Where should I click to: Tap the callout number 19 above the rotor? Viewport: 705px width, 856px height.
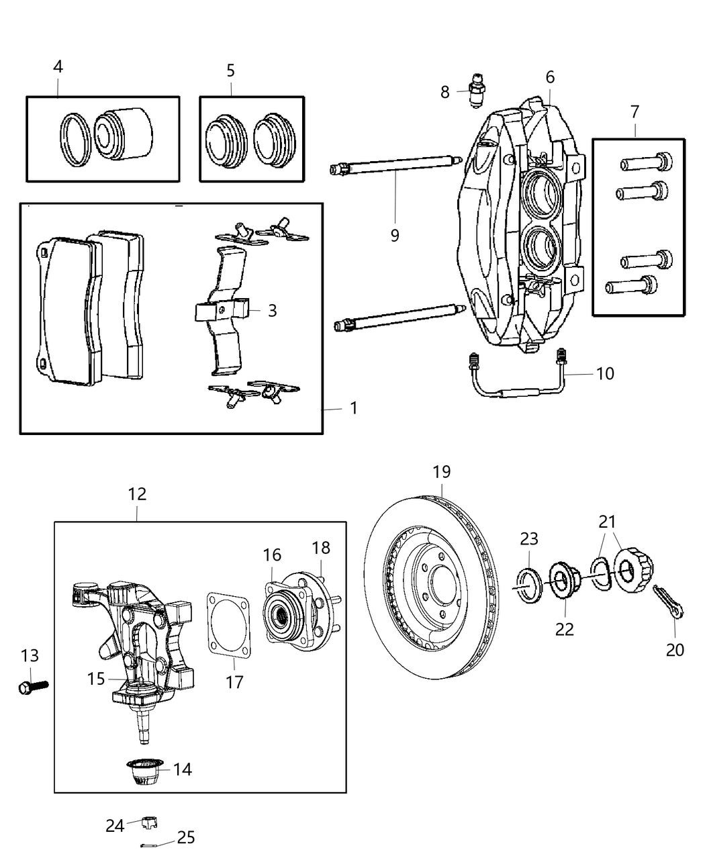(x=441, y=472)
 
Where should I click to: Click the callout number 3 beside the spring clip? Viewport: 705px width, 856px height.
(x=272, y=311)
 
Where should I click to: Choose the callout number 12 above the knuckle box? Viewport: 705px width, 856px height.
(x=137, y=494)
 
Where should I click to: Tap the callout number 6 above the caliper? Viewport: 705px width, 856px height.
(x=550, y=77)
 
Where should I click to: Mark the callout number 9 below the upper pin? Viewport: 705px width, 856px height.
(x=395, y=236)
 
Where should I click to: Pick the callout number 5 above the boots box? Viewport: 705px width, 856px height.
(x=230, y=70)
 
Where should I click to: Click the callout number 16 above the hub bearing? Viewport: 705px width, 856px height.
(x=272, y=555)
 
